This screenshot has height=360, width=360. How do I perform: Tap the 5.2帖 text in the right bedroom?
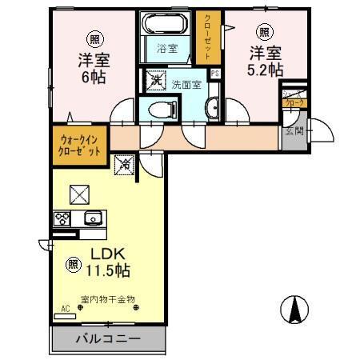point(264,70)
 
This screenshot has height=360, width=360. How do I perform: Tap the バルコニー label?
point(109,338)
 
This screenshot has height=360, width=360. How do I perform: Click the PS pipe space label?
point(214,75)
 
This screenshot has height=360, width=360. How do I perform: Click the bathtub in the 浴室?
point(166,24)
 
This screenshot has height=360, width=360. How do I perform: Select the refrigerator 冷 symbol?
point(125,166)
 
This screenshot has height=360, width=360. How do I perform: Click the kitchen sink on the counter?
point(93,218)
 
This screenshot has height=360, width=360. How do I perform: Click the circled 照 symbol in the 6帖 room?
point(94,39)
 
